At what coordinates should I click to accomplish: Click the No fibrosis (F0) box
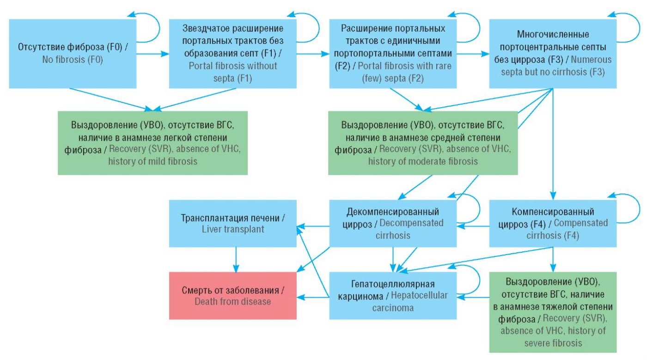coord(73,54)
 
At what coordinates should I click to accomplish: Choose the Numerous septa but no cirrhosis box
coord(553,54)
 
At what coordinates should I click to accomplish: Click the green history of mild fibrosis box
coord(153,143)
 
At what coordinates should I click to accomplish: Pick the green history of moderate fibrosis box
coord(423,143)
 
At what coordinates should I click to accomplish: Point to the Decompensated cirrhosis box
coord(392,223)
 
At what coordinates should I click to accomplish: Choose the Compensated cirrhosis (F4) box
coord(553,223)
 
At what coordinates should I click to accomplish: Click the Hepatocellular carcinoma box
coord(392,296)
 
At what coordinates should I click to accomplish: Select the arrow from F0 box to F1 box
coord(153,54)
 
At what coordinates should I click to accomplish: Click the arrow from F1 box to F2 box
coord(312,54)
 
